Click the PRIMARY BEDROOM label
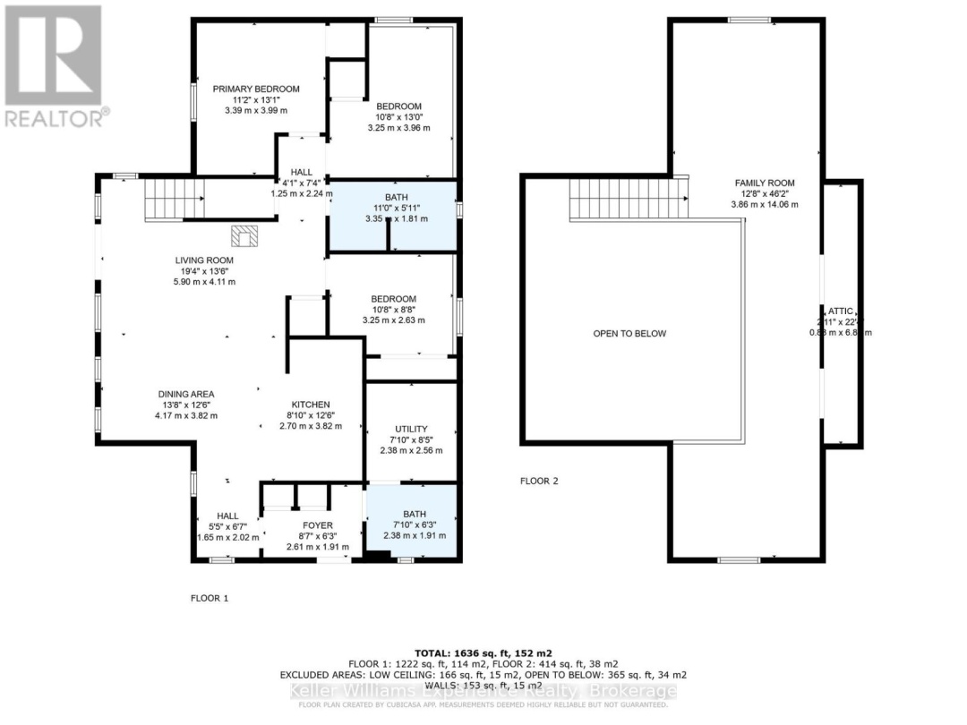pos(256,89)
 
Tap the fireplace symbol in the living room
pos(244,235)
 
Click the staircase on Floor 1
pos(175,198)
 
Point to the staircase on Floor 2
pos(628,198)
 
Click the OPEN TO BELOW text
pos(629,334)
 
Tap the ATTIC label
pos(840,311)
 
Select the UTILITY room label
pos(411,429)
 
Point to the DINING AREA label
pos(186,394)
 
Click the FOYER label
pos(317,525)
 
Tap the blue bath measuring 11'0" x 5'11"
pos(394,216)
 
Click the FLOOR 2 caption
pos(539,481)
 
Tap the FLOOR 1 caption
pos(210,598)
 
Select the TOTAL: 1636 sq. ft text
pos(484,652)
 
